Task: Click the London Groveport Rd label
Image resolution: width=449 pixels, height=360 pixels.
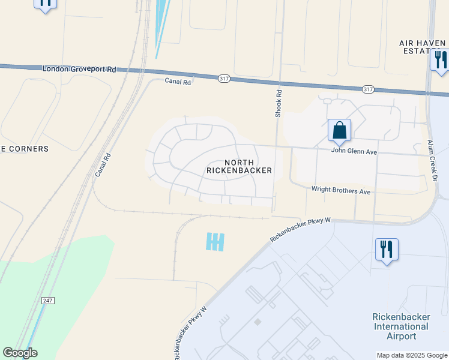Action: coord(79,69)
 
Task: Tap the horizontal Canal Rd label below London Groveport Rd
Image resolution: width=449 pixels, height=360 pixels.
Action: coord(178,82)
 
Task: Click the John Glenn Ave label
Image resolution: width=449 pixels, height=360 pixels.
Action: coord(354,152)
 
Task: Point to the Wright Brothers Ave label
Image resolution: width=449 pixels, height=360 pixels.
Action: coord(341,190)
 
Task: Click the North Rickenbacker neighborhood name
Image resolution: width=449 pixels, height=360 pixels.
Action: coord(239,166)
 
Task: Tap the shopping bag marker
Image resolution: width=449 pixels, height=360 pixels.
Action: coord(339,130)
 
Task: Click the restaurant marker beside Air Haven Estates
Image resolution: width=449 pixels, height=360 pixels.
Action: coord(439,60)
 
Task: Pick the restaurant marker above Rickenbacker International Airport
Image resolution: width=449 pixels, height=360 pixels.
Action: coord(387,249)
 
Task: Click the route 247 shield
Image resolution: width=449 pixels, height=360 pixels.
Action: coord(48,299)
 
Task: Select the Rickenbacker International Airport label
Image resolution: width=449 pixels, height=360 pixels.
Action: coord(400,326)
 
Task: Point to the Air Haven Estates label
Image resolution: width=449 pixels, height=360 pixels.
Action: coord(423,47)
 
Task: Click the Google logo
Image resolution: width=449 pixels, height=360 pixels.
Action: coord(20,353)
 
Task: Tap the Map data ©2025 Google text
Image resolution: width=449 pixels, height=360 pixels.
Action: coord(411,355)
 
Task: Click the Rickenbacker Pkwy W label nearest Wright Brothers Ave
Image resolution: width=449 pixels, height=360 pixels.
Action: coord(301,230)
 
